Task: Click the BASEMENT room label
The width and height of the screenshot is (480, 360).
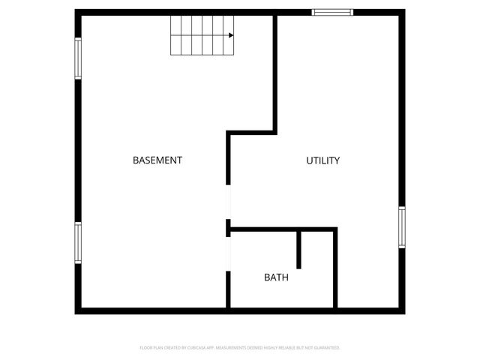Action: click(157, 160)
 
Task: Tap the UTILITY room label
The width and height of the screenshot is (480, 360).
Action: click(323, 160)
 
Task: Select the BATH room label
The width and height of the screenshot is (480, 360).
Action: click(276, 277)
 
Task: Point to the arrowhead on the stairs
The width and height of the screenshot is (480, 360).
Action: click(231, 35)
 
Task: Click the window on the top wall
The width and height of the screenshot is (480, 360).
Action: click(332, 12)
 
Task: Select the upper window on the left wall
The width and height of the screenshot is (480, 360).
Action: click(77, 58)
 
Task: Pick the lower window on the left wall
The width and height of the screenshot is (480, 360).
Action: click(77, 242)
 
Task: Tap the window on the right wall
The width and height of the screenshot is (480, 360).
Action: click(402, 227)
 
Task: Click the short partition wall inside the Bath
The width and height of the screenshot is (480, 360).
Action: click(299, 249)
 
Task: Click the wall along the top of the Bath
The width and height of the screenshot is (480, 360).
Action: click(282, 228)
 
